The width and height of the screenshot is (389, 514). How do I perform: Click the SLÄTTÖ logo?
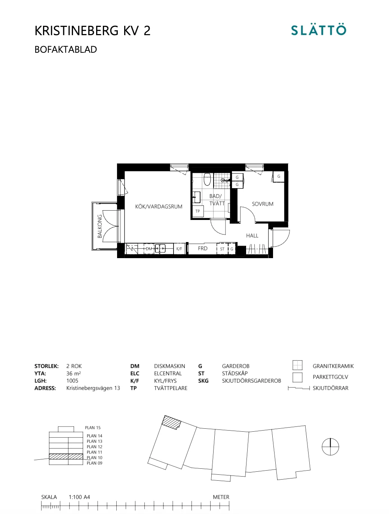[319, 30]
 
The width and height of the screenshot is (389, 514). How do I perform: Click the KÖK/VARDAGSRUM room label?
[159, 206]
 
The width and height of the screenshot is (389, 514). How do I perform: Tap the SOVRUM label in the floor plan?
[263, 204]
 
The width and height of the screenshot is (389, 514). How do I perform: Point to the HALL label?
[252, 236]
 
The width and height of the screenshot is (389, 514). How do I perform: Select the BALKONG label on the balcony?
[100, 226]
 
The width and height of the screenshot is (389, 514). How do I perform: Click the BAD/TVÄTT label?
[216, 200]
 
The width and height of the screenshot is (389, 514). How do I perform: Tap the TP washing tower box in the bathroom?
[197, 211]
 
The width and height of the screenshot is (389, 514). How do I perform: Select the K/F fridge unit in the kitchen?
[179, 249]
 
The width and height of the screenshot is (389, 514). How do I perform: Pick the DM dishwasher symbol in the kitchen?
[149, 249]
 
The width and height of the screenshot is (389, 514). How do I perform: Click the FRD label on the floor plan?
[203, 248]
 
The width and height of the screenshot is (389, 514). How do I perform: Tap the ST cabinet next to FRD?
[222, 249]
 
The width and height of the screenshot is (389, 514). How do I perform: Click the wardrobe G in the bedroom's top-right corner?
[279, 177]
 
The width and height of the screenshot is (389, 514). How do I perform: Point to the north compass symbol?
[330, 447]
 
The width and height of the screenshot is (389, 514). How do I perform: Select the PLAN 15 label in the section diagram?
[93, 428]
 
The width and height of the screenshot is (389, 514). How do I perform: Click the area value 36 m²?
[74, 373]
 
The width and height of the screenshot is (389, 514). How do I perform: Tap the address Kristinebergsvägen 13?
[93, 388]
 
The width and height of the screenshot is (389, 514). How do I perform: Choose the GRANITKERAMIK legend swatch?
[297, 365]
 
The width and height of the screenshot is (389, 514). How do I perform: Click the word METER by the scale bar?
[221, 497]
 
